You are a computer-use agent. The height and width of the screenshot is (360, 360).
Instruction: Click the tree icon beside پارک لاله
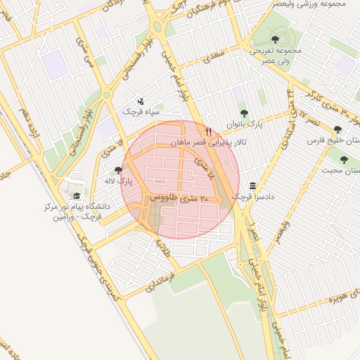coord(118,170)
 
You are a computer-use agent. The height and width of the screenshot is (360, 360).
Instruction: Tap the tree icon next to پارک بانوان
coord(244,112)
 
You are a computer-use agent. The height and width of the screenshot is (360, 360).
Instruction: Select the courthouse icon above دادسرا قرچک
coord(252,185)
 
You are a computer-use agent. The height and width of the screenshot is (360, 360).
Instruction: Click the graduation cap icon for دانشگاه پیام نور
coord(76,196)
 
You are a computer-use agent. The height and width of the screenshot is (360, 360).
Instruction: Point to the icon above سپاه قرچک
coord(141,101)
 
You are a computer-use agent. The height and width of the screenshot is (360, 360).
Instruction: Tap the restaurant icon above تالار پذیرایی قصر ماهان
coord(208,131)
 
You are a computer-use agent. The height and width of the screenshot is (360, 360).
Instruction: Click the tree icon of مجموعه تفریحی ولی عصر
coord(274,39)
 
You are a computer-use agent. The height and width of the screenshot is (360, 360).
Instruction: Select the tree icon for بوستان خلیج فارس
coord(338,129)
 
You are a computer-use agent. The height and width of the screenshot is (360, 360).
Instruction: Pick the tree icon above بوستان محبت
coord(344,160)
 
